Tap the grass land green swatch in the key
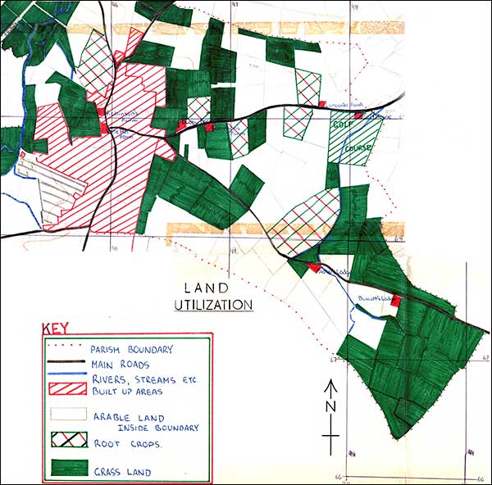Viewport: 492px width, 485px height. coord(65,469)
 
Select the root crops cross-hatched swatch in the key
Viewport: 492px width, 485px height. coord(65,437)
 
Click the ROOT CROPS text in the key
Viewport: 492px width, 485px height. coord(130,443)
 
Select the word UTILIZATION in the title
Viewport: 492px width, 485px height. coord(213,304)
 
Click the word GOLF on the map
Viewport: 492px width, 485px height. coord(342,125)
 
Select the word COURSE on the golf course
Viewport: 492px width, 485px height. coord(361,147)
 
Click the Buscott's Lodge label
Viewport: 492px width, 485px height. coord(376,297)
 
